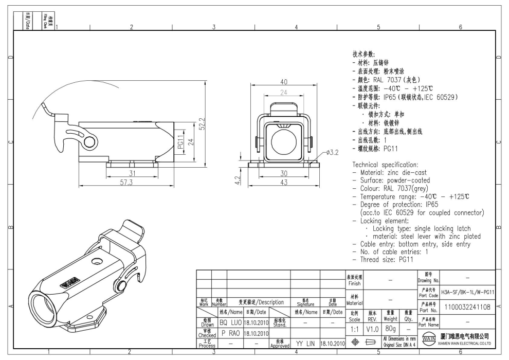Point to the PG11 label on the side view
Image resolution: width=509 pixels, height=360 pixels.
pyautogui.click(x=180, y=142)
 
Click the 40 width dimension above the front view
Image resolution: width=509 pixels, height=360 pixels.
pyautogui.click(x=282, y=82)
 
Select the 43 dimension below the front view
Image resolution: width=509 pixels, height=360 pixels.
pyautogui.click(x=282, y=183)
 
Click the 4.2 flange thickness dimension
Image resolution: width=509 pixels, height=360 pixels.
pyautogui.click(x=238, y=181)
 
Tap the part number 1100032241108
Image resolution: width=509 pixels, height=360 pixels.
pyautogui.click(x=468, y=308)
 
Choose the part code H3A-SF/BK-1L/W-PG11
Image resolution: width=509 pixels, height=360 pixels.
pyautogui.click(x=468, y=292)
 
